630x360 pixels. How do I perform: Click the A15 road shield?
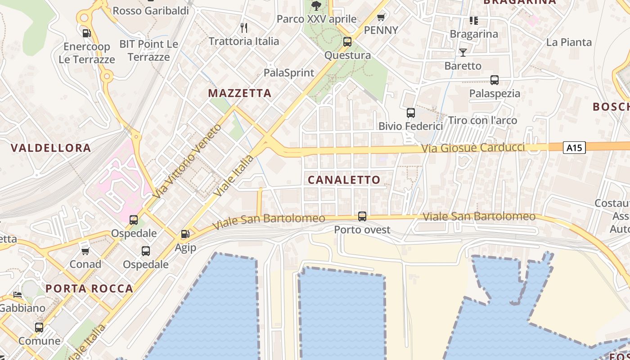point(574,147)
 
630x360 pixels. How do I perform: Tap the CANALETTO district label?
point(344,180)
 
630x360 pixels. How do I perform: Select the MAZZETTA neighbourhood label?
point(239,93)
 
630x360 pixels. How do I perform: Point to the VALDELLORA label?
point(51,148)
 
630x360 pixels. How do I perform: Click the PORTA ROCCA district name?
point(90,288)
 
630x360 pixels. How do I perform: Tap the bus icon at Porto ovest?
point(362,216)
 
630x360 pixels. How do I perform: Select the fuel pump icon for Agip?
point(185,234)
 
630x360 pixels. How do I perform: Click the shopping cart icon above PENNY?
point(381,18)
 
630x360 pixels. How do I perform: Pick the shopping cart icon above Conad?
point(85,251)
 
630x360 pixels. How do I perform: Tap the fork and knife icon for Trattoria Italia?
point(244,28)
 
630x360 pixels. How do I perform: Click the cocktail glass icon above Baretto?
point(463,53)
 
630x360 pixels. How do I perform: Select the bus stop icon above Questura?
point(347,42)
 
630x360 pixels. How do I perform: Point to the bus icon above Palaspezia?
point(495,80)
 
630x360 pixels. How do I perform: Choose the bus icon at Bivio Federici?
point(411,113)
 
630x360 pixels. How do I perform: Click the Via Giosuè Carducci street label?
point(473,148)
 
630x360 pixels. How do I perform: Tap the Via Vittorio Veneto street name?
point(187,161)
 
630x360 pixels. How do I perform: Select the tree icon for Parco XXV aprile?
point(316,6)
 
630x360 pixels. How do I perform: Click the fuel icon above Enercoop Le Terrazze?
point(86,33)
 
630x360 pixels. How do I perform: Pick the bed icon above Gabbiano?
point(18,295)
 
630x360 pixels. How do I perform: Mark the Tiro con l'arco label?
point(482,120)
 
